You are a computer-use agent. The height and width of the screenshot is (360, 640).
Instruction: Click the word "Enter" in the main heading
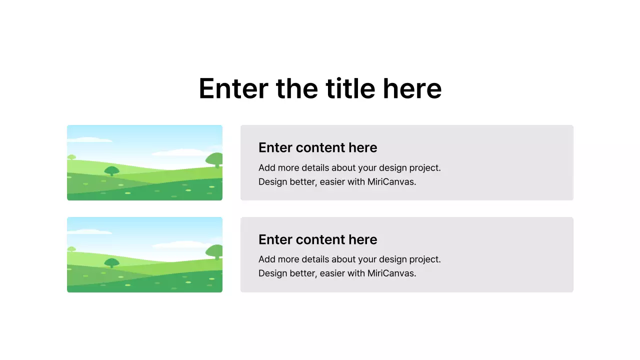pos(233,88)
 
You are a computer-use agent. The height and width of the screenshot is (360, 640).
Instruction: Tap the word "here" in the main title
pos(412,88)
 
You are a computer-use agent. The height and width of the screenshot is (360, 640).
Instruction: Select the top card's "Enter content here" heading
pos(317,147)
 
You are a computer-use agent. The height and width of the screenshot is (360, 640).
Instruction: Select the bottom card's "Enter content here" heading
pos(317,239)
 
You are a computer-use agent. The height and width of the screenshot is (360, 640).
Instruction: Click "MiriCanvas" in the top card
pos(391,181)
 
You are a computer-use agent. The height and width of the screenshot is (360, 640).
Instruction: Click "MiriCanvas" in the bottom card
pos(391,273)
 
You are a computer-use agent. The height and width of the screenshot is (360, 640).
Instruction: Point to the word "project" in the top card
pos(424,167)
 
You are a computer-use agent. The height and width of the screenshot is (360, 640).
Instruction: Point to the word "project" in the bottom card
pos(424,259)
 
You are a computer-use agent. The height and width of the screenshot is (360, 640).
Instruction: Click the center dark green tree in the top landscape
pos(111,170)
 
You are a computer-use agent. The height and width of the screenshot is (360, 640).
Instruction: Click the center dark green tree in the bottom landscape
pos(111,262)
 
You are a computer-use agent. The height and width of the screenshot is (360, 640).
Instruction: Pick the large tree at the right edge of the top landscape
pos(215,160)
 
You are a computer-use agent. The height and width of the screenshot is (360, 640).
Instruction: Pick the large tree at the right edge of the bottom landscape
pos(215,251)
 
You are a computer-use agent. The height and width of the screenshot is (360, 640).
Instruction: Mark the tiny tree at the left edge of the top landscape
pos(71,157)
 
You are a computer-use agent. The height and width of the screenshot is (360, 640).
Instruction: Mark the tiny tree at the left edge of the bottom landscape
pos(71,249)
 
